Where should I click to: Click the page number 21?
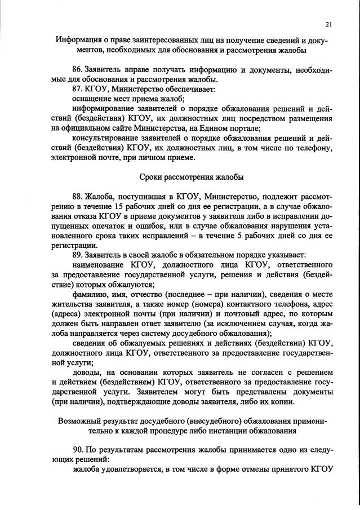[x=328, y=24]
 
